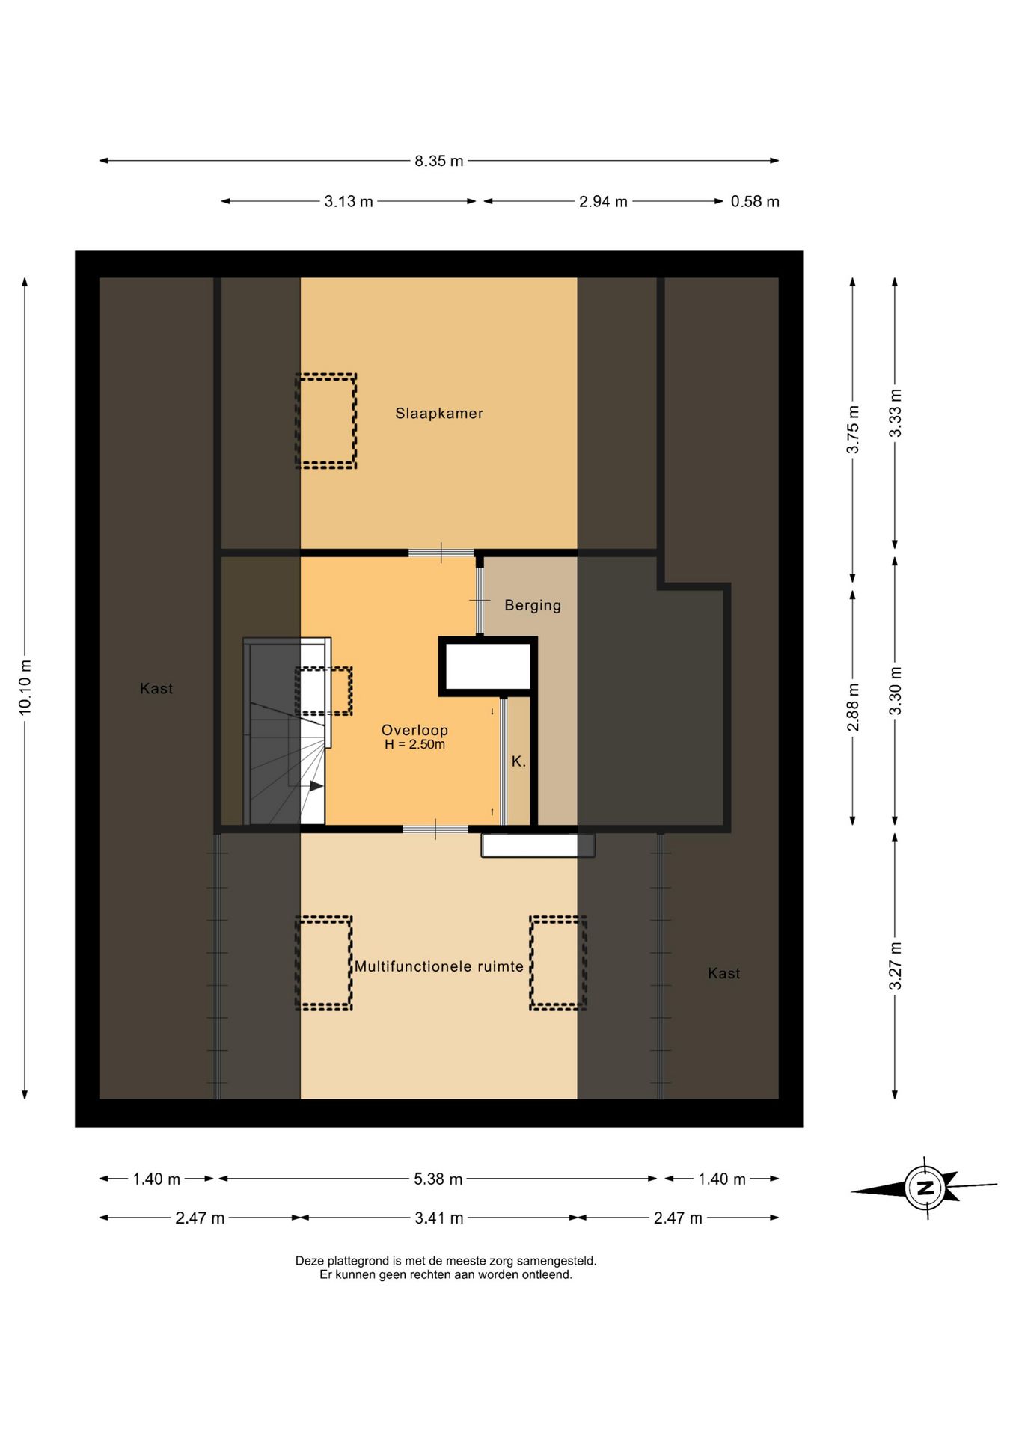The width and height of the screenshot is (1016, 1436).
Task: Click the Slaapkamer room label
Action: pos(439,413)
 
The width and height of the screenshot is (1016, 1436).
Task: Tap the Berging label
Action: pos(533,605)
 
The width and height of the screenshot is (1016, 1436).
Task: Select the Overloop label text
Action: pos(414,730)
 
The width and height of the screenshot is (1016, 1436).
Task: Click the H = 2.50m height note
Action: pos(414,745)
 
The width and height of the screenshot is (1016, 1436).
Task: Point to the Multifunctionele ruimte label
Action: pos(439,966)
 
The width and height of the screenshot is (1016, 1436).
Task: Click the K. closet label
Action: pos(518,761)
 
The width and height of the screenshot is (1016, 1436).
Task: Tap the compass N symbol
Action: pos(925,1187)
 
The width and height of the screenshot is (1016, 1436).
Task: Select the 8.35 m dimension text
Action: pos(439,161)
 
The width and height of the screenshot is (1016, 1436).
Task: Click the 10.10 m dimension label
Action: pos(25,687)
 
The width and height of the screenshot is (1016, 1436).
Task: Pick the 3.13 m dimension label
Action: pos(349,201)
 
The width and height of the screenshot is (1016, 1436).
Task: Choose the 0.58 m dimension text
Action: pos(755,201)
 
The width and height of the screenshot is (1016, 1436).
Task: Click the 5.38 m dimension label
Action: pos(438,1179)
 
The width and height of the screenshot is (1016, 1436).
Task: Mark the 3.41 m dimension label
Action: pos(439,1218)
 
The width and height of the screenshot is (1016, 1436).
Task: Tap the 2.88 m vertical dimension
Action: pos(853,707)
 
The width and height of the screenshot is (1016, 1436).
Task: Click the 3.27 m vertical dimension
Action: pos(895,966)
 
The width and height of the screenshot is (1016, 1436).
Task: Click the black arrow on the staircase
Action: pos(316,786)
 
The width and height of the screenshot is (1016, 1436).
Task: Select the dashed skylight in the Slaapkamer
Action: pos(325,421)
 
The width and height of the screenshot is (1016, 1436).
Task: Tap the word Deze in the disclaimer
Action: pos(310,1261)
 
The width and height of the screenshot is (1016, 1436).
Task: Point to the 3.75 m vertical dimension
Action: pos(853,429)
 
